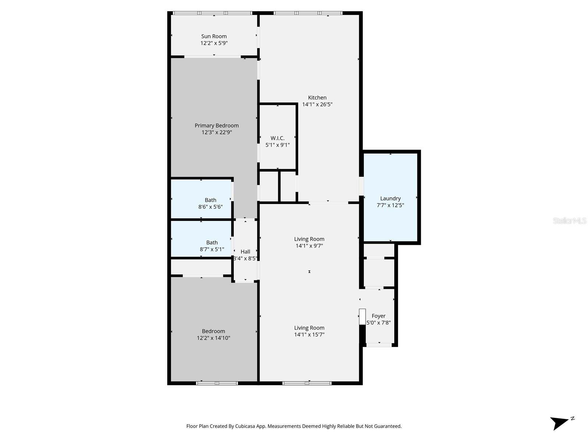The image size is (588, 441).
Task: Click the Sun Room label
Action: point(214,36)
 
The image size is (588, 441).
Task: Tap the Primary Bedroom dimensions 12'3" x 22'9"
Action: point(217,132)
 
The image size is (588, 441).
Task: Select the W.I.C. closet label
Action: point(277,138)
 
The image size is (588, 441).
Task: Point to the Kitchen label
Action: point(317,98)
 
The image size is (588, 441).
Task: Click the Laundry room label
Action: point(390,199)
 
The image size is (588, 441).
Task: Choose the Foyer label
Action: point(379,316)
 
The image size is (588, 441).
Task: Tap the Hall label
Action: point(245,252)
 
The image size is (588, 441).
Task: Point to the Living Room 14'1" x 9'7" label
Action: point(309,242)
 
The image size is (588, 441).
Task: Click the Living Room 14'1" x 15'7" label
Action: point(309,331)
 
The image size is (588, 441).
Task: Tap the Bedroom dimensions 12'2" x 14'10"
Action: point(214,338)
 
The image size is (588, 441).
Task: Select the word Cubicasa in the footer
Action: point(245,426)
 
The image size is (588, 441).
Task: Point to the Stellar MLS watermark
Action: point(570,220)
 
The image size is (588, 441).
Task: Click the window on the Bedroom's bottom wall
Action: point(217,383)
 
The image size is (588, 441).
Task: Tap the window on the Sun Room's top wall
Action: point(212,13)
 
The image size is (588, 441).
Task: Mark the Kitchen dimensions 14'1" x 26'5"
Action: point(317,104)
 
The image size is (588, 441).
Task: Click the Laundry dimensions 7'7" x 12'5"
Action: point(390,205)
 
